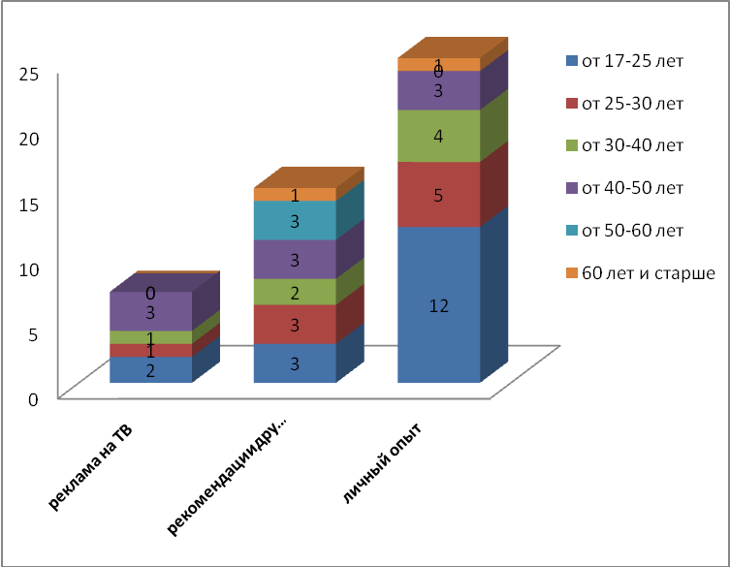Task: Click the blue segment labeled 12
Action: pyautogui.click(x=438, y=304)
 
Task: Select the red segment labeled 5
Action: pyautogui.click(x=438, y=194)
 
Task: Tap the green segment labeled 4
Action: pyautogui.click(x=438, y=136)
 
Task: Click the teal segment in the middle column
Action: pyautogui.click(x=295, y=220)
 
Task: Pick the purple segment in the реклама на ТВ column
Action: pyautogui.click(x=150, y=311)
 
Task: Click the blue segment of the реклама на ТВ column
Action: pyautogui.click(x=150, y=369)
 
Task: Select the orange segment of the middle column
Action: pyautogui.click(x=295, y=195)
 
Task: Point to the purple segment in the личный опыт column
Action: pyautogui.click(x=438, y=90)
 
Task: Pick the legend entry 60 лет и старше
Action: pyautogui.click(x=646, y=272)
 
